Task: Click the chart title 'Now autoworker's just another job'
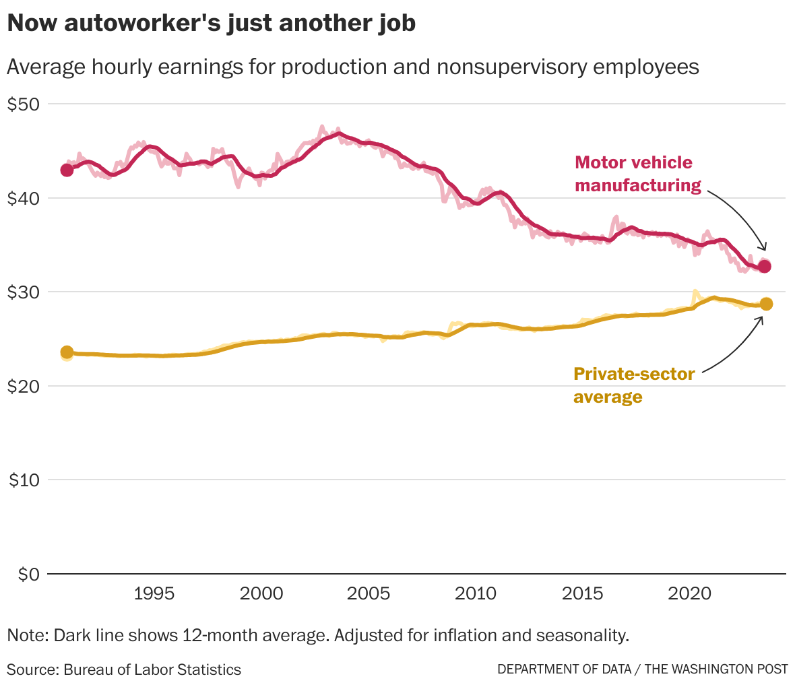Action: [x=211, y=24]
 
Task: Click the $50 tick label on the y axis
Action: [x=24, y=104]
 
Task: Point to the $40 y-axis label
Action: [x=24, y=199]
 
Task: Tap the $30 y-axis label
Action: [x=24, y=292]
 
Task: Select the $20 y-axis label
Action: [x=24, y=387]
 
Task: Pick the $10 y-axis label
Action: [x=24, y=480]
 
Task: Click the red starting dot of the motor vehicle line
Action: [x=67, y=170]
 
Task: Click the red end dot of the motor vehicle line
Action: [x=765, y=267]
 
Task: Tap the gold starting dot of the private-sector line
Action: [x=67, y=352]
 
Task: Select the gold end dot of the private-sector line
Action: [x=766, y=304]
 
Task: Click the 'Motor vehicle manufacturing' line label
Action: [x=637, y=174]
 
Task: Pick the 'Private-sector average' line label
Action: [x=633, y=385]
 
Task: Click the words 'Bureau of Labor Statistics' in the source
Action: [x=152, y=669]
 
